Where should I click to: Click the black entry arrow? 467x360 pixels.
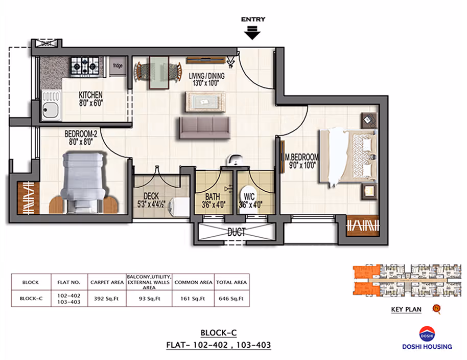click(x=252, y=33)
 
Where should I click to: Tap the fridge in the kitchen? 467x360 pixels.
click(x=118, y=66)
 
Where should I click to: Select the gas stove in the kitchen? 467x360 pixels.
click(x=85, y=65)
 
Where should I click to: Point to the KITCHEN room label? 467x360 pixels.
click(x=90, y=95)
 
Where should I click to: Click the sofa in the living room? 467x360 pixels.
click(x=204, y=127)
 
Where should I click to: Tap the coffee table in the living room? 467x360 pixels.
click(x=205, y=102)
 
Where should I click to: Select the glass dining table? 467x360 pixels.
click(x=159, y=73)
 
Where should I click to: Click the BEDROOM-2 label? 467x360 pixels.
click(x=81, y=134)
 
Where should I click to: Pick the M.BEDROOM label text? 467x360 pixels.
click(x=301, y=157)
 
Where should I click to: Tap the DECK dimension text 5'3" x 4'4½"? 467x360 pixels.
click(x=151, y=205)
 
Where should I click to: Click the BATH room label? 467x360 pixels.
click(x=213, y=197)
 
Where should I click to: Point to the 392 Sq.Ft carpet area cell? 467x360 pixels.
click(x=106, y=298)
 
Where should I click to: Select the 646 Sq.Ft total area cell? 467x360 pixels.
click(x=231, y=298)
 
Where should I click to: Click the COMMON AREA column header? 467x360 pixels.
click(x=193, y=282)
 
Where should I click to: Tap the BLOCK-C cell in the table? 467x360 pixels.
click(x=31, y=298)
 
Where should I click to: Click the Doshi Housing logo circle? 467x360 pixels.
click(x=427, y=334)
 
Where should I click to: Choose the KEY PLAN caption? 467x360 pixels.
click(x=406, y=309)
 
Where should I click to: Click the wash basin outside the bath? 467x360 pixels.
click(x=235, y=160)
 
